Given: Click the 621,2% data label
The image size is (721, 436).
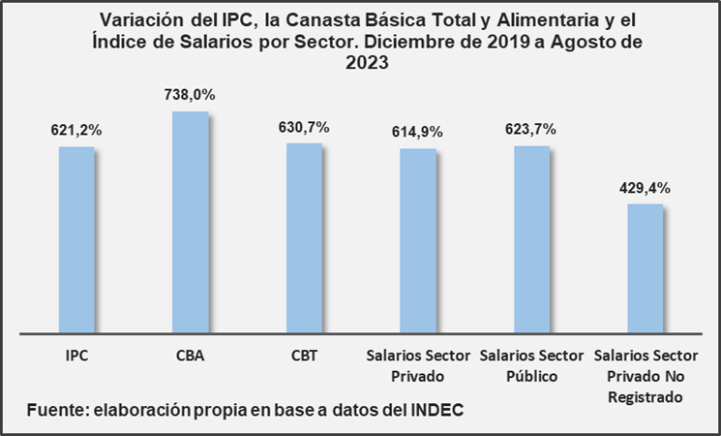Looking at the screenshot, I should point(76,130).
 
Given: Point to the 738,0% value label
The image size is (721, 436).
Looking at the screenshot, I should point(190,95).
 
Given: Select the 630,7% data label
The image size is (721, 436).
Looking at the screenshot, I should point(304,127).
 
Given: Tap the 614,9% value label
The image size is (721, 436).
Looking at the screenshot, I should point(417,132).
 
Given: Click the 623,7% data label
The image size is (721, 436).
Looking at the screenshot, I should point(531,129).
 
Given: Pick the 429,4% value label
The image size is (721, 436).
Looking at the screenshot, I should point(645,187).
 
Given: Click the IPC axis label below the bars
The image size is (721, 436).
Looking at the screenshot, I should point(76,356).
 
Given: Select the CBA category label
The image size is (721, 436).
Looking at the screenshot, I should point(190,356).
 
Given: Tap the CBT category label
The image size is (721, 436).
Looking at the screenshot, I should point(304,356).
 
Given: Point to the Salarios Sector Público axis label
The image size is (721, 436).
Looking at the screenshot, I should point(531,365).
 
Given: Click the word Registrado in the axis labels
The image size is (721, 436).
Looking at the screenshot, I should point(645,397).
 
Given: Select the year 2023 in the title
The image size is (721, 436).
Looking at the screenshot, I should point(360,65).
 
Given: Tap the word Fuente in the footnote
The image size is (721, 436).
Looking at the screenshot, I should point(56,410).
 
